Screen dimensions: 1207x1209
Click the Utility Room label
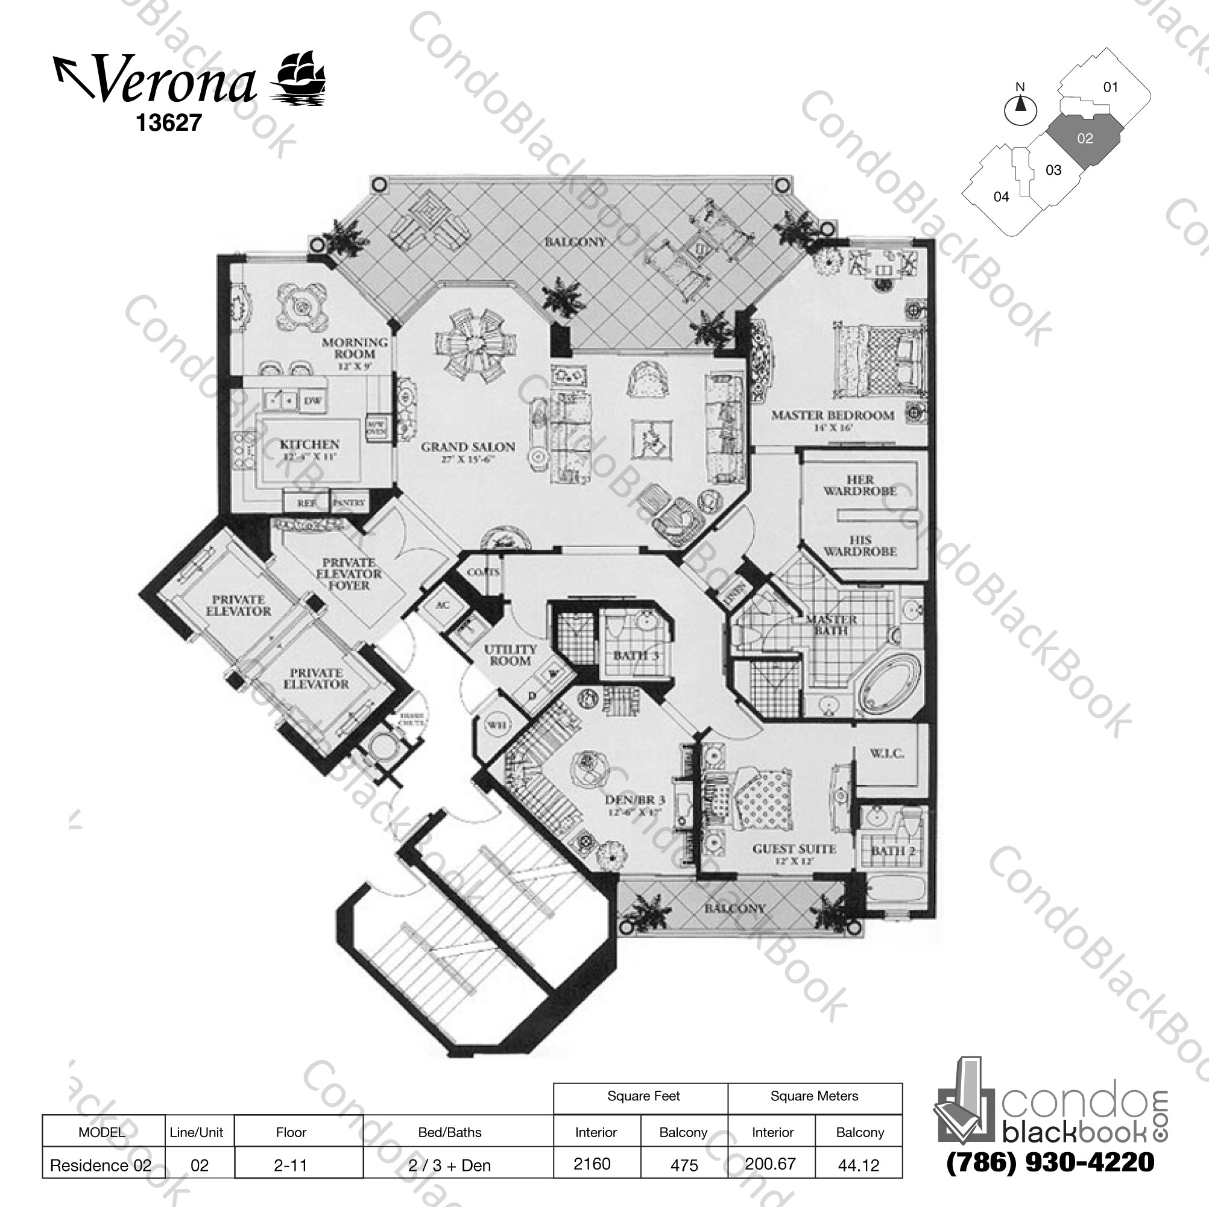[510, 655]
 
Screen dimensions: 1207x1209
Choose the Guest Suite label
[794, 849]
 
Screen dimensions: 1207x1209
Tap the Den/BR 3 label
[634, 800]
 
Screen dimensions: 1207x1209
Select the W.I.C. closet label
[886, 754]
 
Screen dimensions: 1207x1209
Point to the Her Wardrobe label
[859, 485]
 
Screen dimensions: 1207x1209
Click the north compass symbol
[1020, 110]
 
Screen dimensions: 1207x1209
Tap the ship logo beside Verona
[298, 78]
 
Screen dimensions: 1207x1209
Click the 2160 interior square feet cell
[592, 1163]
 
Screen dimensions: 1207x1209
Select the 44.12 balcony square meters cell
[859, 1165]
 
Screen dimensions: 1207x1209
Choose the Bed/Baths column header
[449, 1132]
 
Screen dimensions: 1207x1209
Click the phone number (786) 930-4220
[1050, 1162]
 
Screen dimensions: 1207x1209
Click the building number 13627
[169, 122]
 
